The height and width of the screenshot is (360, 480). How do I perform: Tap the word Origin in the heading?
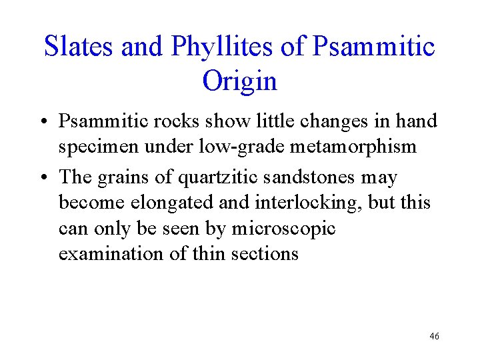pyautogui.click(x=239, y=81)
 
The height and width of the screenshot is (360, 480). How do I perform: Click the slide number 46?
pyautogui.click(x=434, y=337)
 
